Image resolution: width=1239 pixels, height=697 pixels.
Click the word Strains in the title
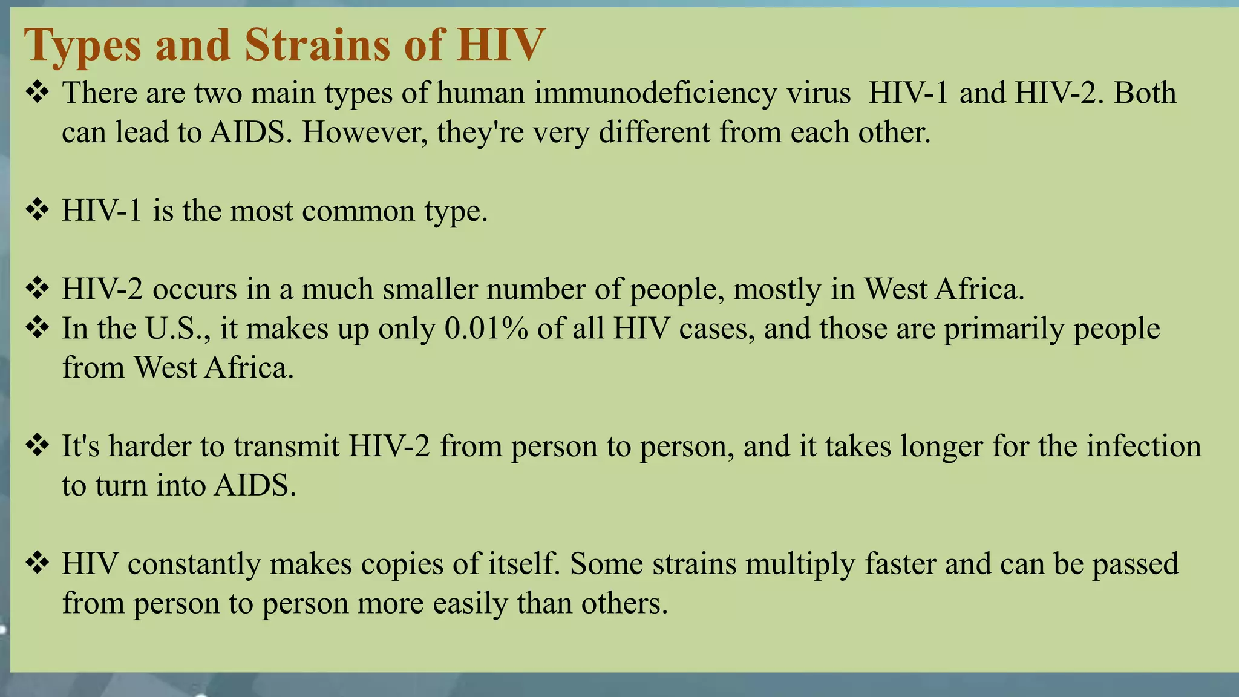click(318, 45)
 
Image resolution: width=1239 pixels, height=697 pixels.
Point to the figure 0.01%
click(486, 329)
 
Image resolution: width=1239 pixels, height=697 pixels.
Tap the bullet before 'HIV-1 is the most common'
click(38, 211)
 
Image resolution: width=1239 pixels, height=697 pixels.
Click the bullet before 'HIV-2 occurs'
click(38, 289)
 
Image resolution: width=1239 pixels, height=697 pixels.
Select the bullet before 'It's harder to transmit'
click(38, 446)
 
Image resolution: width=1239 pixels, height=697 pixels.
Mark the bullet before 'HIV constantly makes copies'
click(38, 563)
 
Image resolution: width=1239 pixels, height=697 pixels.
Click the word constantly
click(194, 564)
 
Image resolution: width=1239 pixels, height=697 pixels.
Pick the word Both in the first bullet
click(1145, 93)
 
